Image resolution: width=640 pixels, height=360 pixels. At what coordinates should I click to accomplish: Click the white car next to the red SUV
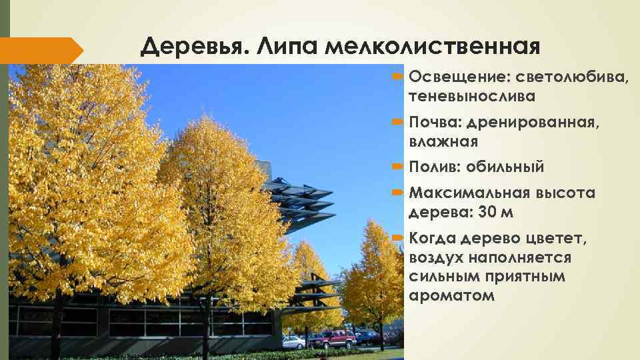[x=293, y=343]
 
